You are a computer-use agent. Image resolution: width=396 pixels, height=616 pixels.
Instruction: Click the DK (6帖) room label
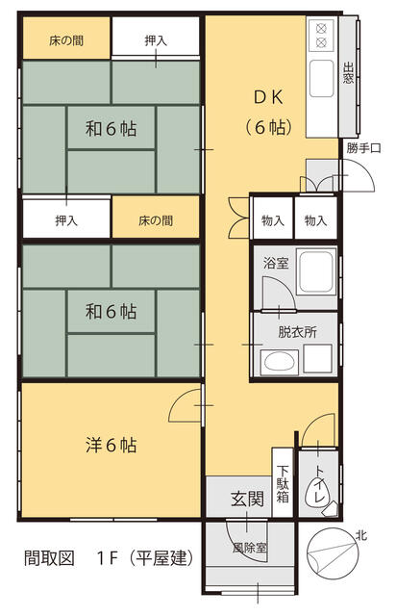(268, 113)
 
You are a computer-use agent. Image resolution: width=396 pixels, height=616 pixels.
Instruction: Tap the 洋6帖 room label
(111, 446)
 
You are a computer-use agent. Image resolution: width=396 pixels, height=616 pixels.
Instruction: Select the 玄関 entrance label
(247, 499)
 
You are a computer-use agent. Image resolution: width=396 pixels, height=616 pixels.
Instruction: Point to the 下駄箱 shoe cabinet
(283, 483)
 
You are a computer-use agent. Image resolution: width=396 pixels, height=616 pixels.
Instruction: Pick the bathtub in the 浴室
(316, 271)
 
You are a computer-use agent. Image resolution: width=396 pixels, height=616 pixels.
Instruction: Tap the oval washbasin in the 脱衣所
(279, 362)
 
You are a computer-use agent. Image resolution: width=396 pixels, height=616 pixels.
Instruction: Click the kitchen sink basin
(321, 79)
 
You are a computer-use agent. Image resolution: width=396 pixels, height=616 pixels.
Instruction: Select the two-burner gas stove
(321, 36)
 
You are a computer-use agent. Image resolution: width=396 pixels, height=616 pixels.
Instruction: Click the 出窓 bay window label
(349, 73)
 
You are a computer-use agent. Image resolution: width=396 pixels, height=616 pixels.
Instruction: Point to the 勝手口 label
(363, 148)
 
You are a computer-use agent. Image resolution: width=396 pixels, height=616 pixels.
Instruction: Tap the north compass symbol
(332, 554)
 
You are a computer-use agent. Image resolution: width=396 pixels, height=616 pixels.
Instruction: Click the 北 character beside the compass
(361, 535)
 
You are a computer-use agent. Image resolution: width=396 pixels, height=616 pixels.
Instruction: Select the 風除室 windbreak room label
(250, 548)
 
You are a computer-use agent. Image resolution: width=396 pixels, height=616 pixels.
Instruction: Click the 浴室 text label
(276, 263)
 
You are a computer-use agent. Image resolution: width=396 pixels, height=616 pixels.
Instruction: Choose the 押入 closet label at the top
(156, 40)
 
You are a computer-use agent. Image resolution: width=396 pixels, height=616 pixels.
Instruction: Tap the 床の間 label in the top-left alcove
(66, 40)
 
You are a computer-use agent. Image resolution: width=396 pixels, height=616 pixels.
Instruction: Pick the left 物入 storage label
(273, 220)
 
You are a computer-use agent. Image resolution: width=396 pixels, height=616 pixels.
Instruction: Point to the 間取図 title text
(49, 558)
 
